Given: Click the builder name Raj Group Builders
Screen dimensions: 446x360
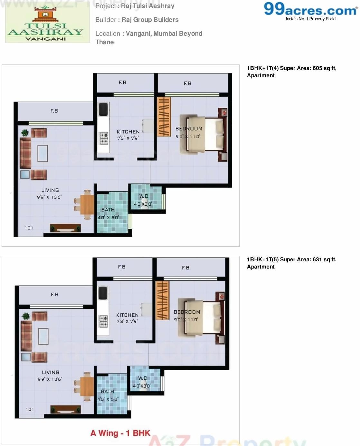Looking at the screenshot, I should click(150, 20).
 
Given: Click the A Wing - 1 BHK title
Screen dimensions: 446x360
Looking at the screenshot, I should click(120, 433).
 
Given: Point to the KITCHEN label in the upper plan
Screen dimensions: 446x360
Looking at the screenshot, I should click(128, 132).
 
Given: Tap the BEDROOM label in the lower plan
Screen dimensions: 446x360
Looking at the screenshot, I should click(187, 312).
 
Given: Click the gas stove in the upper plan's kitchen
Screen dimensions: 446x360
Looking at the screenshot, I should click(104, 138).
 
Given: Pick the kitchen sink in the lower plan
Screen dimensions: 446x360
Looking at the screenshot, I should click(103, 293).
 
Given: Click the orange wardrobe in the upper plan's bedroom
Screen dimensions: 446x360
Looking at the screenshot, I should click(164, 117).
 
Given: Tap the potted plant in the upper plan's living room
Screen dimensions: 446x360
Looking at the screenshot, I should click(24, 132).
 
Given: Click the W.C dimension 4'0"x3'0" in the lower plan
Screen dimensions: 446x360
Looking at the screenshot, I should click(142, 386).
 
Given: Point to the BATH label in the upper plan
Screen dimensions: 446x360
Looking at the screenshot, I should click(108, 210).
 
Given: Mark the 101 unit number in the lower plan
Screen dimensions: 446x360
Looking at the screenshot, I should click(30, 409).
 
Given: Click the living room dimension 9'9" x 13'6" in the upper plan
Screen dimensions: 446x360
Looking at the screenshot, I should click(49, 197).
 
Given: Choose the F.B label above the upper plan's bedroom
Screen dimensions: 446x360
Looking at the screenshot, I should click(187, 83).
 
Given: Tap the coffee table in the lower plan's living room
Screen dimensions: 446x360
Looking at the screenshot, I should click(43, 336).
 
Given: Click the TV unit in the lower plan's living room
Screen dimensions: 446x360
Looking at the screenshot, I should click(66, 409).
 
